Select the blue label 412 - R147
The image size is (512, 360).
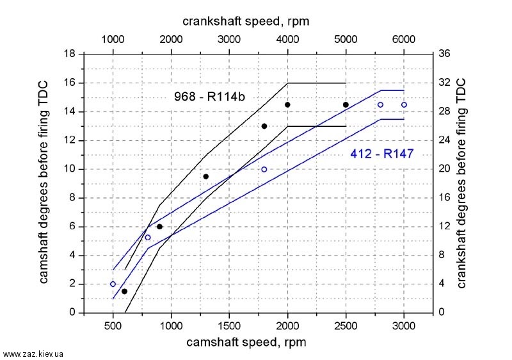coord(382,153)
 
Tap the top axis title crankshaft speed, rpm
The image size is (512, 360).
coord(246,20)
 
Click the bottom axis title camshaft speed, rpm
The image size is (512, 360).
coord(246,342)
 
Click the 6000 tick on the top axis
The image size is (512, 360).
coord(404,38)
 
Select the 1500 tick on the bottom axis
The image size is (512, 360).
coord(230,325)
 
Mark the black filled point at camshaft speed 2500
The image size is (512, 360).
coord(346,104)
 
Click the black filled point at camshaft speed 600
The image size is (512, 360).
coord(124,291)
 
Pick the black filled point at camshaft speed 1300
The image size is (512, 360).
coord(206,177)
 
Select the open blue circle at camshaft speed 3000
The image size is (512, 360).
coord(404,104)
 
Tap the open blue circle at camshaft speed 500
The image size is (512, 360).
coord(113,284)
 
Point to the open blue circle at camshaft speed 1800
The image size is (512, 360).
coord(264,169)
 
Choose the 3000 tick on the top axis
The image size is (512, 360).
coord(229,38)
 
